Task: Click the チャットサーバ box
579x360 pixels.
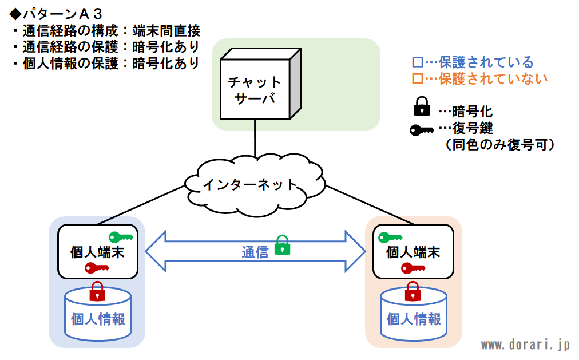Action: point(260,84)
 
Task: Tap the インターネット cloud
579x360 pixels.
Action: point(255,185)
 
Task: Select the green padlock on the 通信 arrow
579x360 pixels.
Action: point(283,245)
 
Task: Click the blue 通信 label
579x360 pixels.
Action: point(255,252)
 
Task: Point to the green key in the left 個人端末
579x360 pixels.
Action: point(121,237)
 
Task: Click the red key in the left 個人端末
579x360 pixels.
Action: point(97,268)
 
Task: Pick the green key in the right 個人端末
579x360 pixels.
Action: point(390,238)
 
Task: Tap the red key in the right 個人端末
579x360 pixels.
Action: point(413,268)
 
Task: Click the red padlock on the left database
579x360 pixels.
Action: point(97,291)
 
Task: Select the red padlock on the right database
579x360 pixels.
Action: point(413,291)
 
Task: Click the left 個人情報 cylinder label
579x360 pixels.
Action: point(98,319)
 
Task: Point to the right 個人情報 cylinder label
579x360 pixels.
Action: point(414,319)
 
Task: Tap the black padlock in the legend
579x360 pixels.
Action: point(422,106)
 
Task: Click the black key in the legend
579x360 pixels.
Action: point(422,130)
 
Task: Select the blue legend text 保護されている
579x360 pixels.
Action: point(486,62)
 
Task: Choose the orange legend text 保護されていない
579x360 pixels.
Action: point(493,78)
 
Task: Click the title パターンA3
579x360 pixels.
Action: point(55,14)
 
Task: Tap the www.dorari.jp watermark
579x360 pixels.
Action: point(525,345)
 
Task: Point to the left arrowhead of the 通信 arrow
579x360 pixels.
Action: point(156,251)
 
